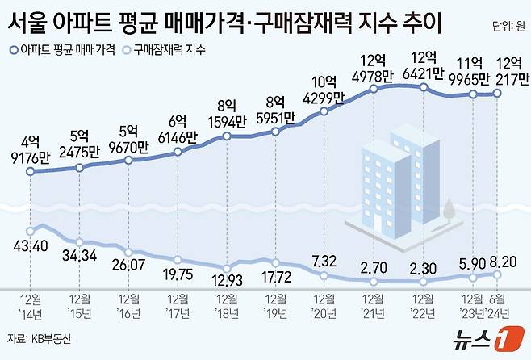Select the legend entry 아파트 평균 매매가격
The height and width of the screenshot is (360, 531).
57,50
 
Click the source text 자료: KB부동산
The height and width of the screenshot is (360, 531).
39,340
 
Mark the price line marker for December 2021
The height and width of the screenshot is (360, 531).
375,90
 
